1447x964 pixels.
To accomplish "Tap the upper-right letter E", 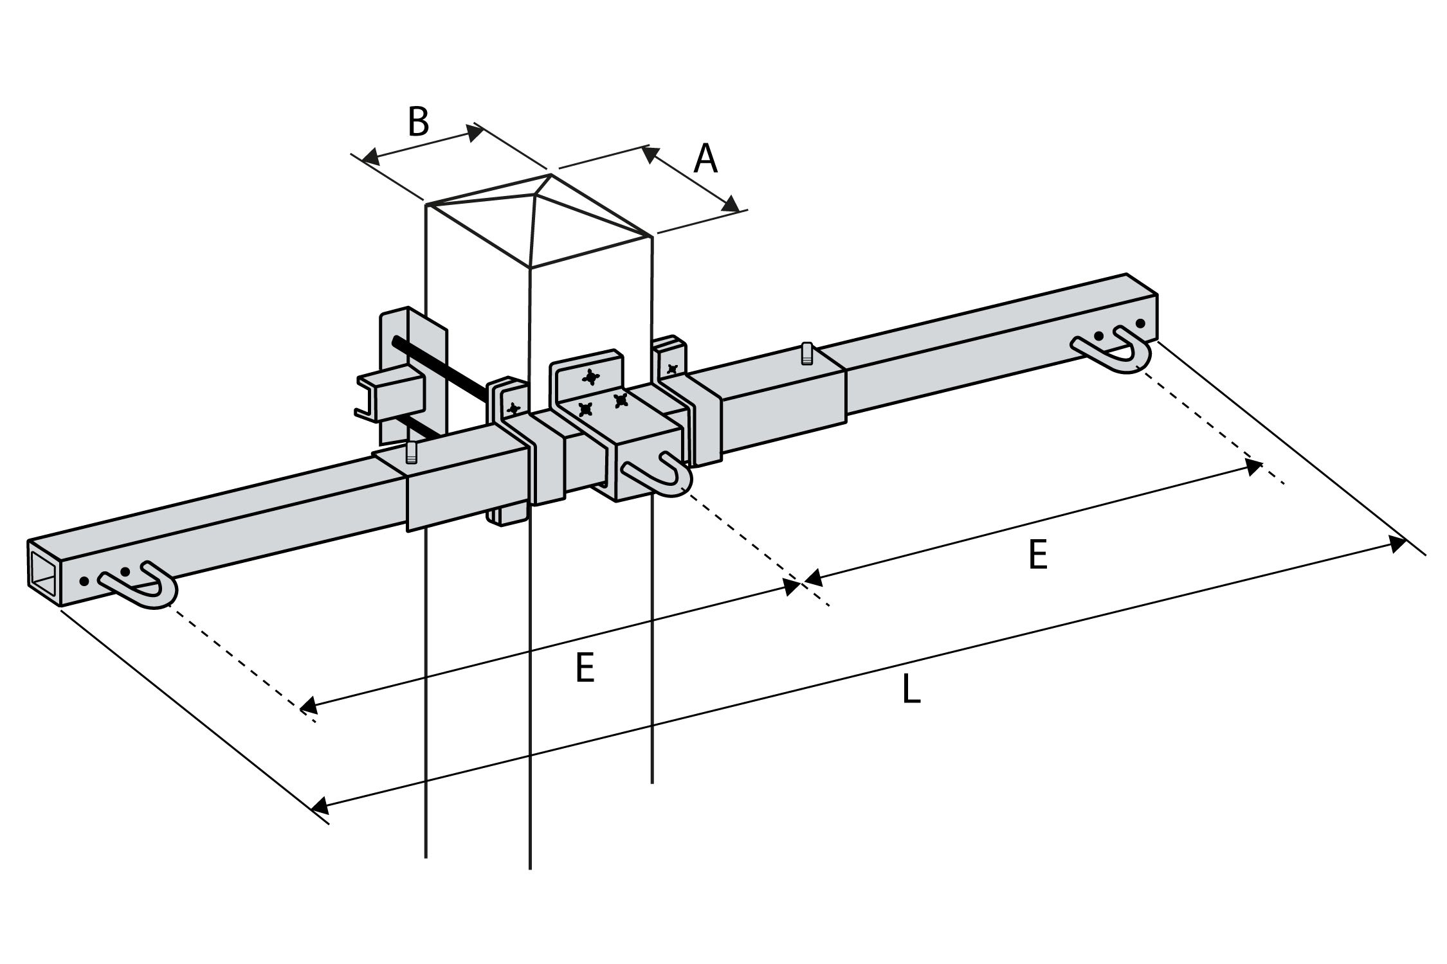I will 1038,555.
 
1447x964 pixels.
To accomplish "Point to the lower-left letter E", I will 585,668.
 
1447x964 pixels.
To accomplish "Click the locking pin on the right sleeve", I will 806,354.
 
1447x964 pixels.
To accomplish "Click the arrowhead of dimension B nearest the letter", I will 475,133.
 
